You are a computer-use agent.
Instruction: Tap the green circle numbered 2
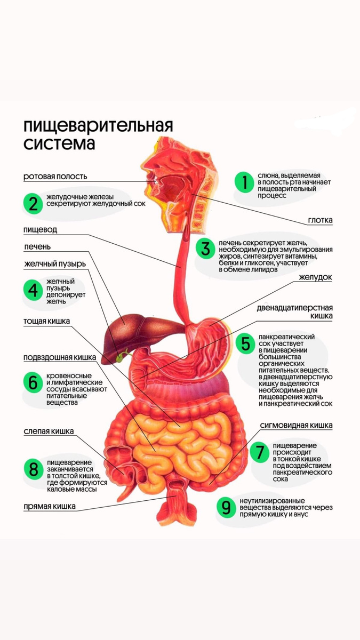coord(34,204)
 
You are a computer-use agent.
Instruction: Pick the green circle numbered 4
coord(34,290)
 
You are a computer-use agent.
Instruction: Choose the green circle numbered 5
coord(245,344)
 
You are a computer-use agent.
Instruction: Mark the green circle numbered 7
coord(260,453)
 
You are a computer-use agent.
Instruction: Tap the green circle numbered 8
coord(34,469)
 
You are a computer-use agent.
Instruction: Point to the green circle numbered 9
coord(226,507)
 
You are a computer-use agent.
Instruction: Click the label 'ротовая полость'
coord(55,176)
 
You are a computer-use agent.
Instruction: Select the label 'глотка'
coord(320,220)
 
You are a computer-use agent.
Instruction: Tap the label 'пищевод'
coord(40,230)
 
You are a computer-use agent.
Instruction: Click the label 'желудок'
coord(315,277)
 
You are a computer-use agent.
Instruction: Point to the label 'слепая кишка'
coord(49,431)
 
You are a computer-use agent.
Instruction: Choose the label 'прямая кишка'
coord(49,506)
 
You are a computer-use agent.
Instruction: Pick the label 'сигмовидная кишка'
coord(297,426)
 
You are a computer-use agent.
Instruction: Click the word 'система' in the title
coord(59,144)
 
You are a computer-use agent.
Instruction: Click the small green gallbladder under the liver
coord(126,353)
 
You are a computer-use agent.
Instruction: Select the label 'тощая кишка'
coord(46,322)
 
